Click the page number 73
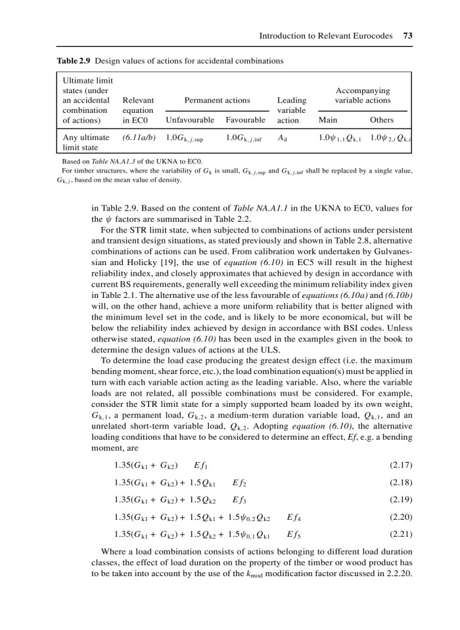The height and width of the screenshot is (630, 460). click(407, 36)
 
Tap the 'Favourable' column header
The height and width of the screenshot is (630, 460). click(245, 120)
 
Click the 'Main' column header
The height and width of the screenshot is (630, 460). click(327, 120)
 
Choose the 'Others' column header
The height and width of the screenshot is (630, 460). click(382, 120)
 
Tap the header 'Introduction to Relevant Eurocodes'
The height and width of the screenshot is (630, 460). click(325, 36)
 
